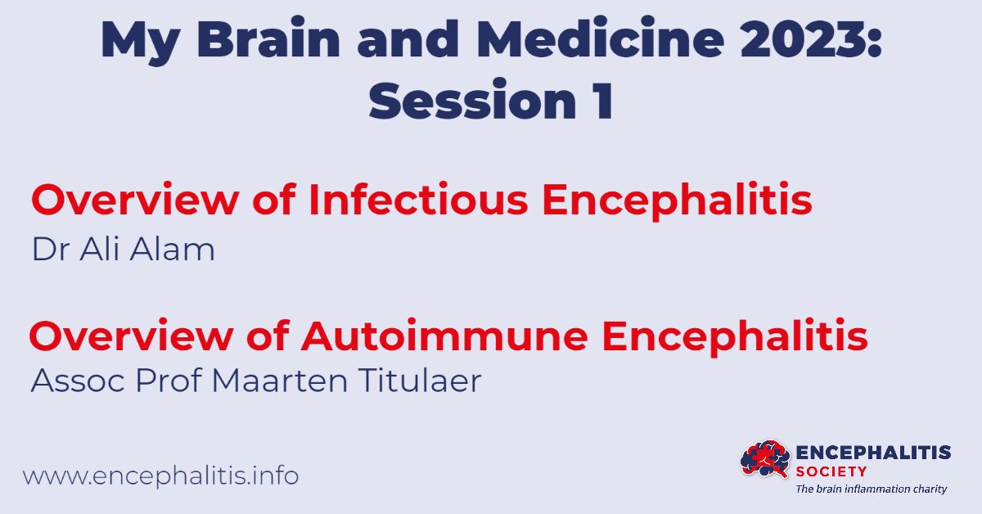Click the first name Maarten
(x=283, y=381)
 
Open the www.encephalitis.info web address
(x=160, y=476)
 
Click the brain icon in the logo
(x=764, y=460)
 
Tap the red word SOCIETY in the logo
(x=831, y=471)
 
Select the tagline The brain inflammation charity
(x=872, y=489)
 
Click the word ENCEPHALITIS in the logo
(x=873, y=453)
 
